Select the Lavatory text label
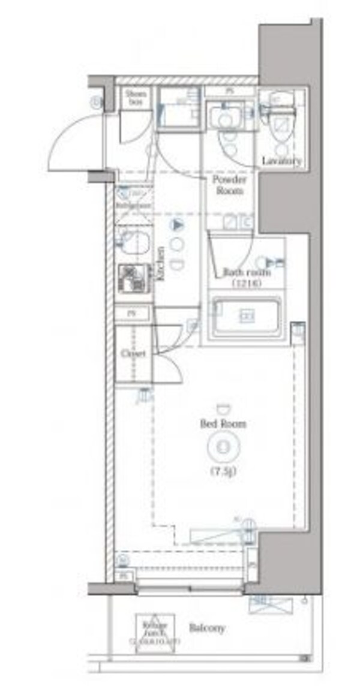pyautogui.click(x=281, y=161)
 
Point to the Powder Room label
pyautogui.click(x=228, y=185)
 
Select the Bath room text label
pyautogui.click(x=247, y=272)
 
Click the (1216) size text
pyautogui.click(x=246, y=283)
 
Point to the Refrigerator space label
pyautogui.click(x=132, y=205)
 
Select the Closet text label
pyautogui.click(x=133, y=354)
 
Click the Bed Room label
pyautogui.click(x=223, y=424)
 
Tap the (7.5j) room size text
pyautogui.click(x=223, y=471)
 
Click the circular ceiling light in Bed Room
pyautogui.click(x=222, y=447)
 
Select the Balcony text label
pyautogui.click(x=207, y=628)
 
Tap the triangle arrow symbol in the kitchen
pyautogui.click(x=176, y=225)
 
